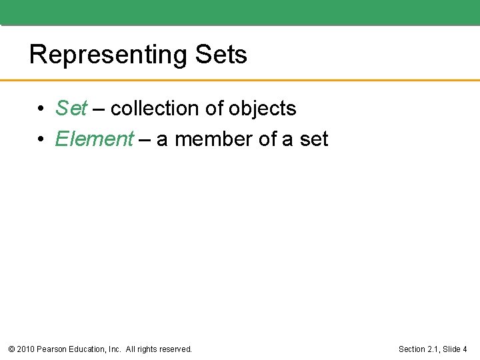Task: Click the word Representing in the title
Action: point(109,55)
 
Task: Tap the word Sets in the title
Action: point(221,55)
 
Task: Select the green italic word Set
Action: point(71,108)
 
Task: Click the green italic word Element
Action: point(95,139)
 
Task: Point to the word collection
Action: point(155,108)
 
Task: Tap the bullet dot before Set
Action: point(41,109)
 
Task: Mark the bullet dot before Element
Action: point(41,139)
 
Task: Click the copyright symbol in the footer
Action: point(11,349)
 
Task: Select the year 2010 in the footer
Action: point(25,349)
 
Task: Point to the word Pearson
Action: point(53,349)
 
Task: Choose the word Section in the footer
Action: point(413,349)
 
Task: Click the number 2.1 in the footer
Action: point(435,349)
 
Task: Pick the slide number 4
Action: point(465,349)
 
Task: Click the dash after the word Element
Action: point(145,139)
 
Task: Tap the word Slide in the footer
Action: point(452,349)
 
